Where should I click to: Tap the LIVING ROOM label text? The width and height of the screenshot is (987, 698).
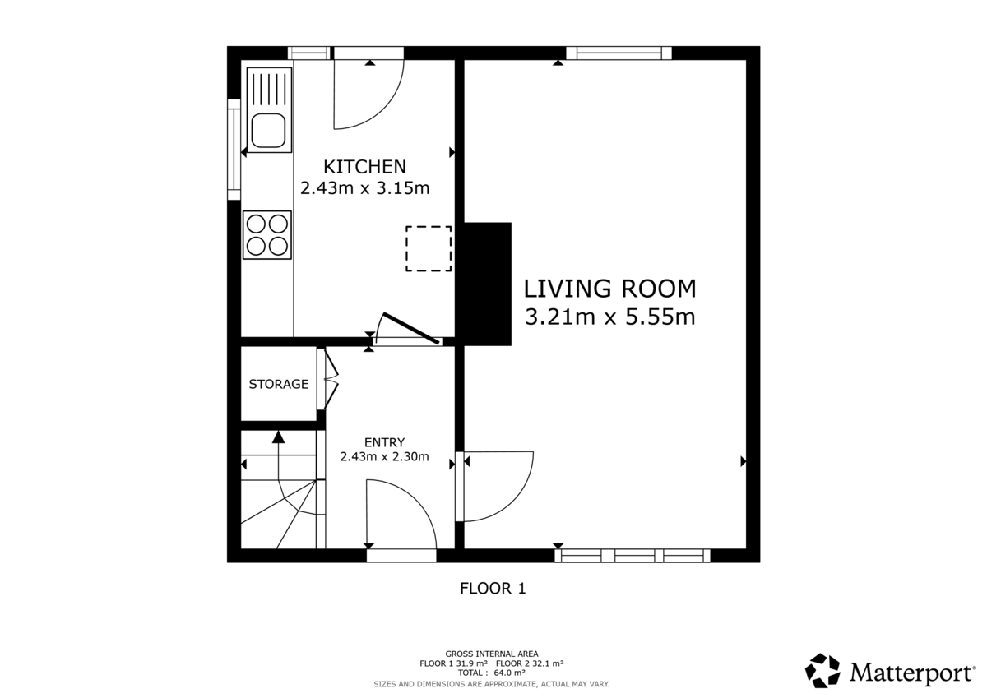[610, 289]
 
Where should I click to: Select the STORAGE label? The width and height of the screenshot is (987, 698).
[279, 384]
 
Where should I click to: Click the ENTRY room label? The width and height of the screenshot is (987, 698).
[384, 442]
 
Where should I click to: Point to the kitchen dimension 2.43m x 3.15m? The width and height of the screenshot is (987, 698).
[364, 188]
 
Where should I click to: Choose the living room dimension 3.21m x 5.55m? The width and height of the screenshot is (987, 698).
[610, 317]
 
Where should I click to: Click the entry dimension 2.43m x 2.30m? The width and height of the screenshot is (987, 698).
[384, 457]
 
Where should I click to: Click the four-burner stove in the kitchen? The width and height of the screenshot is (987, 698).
[268, 234]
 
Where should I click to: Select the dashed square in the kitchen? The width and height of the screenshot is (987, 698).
[429, 248]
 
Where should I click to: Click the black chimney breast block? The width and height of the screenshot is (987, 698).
[488, 283]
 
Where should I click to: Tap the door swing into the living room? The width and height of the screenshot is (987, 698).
[497, 485]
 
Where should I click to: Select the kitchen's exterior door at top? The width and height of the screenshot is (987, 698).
[367, 90]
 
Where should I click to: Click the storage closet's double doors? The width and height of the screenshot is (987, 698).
[327, 380]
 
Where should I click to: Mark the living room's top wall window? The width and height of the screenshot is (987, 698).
[619, 53]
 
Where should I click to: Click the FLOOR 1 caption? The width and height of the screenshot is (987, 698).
[492, 589]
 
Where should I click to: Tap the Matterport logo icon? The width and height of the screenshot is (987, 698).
[822, 671]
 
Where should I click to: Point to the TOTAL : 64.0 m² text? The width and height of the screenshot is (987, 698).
[491, 673]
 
